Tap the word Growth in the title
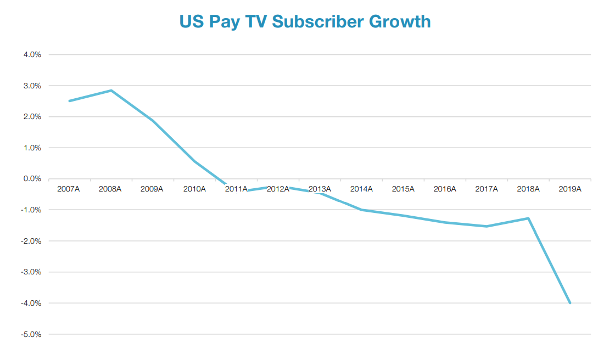coord(400,21)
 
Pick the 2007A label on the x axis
coord(69,189)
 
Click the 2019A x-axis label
coord(570,189)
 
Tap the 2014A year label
coord(361,189)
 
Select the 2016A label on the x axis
coord(445,189)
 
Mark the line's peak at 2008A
coord(111,91)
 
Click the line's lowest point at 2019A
coord(570,303)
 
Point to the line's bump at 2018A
coord(528,218)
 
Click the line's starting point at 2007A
coord(69,101)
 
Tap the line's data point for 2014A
coord(361,210)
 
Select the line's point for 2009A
coord(153,121)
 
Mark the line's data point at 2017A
coord(487,226)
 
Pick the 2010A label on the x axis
coord(194,189)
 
